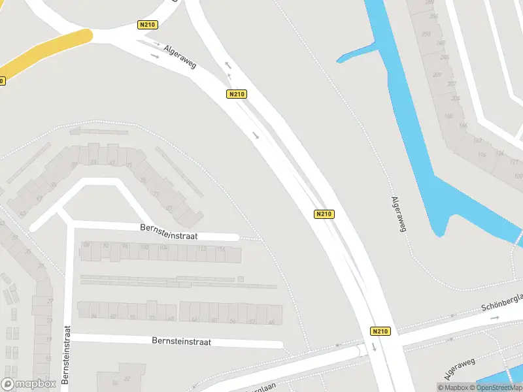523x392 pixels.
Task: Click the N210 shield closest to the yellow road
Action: tap(148, 25)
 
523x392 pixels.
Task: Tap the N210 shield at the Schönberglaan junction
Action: tap(380, 331)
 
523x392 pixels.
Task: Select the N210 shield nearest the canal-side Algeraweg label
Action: tap(324, 214)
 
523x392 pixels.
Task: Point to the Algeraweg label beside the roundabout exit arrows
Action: tap(181, 56)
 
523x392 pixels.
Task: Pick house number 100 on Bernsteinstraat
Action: tap(144, 247)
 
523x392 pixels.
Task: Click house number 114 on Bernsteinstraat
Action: tap(221, 250)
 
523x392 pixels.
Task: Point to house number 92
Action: tap(106, 246)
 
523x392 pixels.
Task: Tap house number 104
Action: tap(163, 248)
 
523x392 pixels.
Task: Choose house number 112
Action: tap(202, 249)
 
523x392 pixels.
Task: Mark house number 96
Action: tap(125, 246)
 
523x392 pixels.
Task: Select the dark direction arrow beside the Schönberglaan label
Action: tap(495, 318)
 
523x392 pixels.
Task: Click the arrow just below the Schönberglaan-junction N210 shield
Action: tap(375, 346)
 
